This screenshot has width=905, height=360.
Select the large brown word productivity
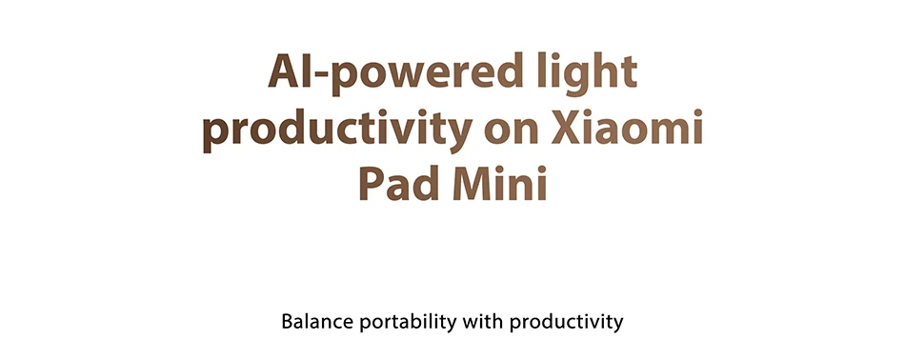click(x=337, y=128)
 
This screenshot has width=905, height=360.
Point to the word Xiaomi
click(x=627, y=127)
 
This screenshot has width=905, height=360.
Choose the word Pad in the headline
click(x=399, y=183)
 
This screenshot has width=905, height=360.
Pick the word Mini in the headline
click(x=500, y=183)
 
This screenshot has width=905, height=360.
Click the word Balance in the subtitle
click(x=317, y=321)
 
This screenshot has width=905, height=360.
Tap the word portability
click(x=408, y=323)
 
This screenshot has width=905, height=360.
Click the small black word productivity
click(x=566, y=323)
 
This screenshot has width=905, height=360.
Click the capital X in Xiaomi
click(x=568, y=127)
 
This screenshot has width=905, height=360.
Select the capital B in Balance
click(x=288, y=322)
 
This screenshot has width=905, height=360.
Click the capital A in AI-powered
click(x=284, y=70)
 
